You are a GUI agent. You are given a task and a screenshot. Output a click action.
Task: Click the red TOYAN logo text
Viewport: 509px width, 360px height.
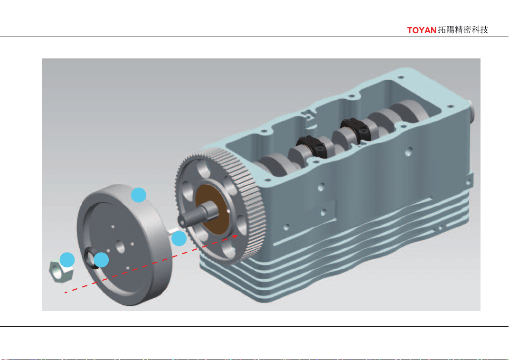422,30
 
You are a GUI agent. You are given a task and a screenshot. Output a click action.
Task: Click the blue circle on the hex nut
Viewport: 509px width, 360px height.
67,260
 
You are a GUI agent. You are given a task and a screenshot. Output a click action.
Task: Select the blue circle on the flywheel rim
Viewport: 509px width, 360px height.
139,195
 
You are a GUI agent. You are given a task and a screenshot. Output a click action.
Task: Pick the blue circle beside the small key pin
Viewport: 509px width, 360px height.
179,238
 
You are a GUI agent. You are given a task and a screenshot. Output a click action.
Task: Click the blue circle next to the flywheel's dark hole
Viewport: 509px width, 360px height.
101,260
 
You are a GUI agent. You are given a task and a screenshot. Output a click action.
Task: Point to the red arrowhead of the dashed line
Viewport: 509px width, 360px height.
235,237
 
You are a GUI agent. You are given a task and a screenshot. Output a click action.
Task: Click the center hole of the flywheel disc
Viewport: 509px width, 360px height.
120,246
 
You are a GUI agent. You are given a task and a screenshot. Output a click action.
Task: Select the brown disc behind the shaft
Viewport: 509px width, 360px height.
213,209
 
